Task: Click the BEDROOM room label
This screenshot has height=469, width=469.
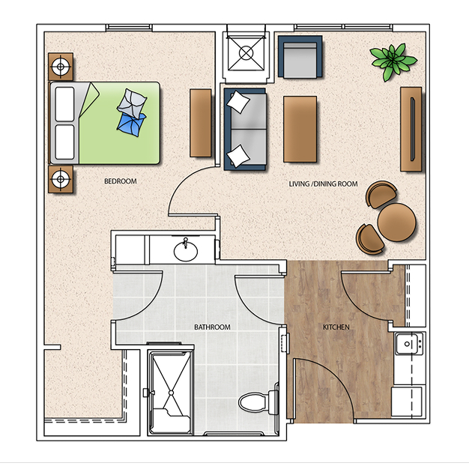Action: click(x=120, y=181)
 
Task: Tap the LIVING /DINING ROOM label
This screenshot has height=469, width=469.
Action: click(x=323, y=184)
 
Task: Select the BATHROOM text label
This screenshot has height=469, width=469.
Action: click(x=212, y=327)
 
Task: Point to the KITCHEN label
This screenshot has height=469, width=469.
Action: click(x=336, y=327)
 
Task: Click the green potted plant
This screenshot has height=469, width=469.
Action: click(x=393, y=61)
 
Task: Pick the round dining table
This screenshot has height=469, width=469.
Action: click(x=396, y=222)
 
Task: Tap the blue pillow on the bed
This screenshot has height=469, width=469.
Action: click(x=132, y=124)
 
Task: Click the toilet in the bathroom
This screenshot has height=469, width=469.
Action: click(x=258, y=402)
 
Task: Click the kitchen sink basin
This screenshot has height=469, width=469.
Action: click(x=407, y=344)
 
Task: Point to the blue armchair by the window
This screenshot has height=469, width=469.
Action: click(x=300, y=56)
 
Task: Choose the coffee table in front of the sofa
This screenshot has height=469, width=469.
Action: click(x=300, y=129)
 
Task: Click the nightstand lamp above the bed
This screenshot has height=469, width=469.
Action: click(x=61, y=67)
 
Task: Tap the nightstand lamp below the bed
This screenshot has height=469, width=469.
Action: click(x=61, y=180)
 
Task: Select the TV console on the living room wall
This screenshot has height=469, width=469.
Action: click(x=411, y=129)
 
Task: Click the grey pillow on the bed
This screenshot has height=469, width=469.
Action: click(x=132, y=103)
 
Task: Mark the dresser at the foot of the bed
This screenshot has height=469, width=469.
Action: click(x=201, y=123)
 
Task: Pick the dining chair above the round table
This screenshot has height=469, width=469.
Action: click(x=381, y=194)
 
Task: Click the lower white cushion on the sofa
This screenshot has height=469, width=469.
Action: click(x=238, y=156)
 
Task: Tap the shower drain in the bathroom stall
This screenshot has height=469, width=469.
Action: click(x=171, y=393)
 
